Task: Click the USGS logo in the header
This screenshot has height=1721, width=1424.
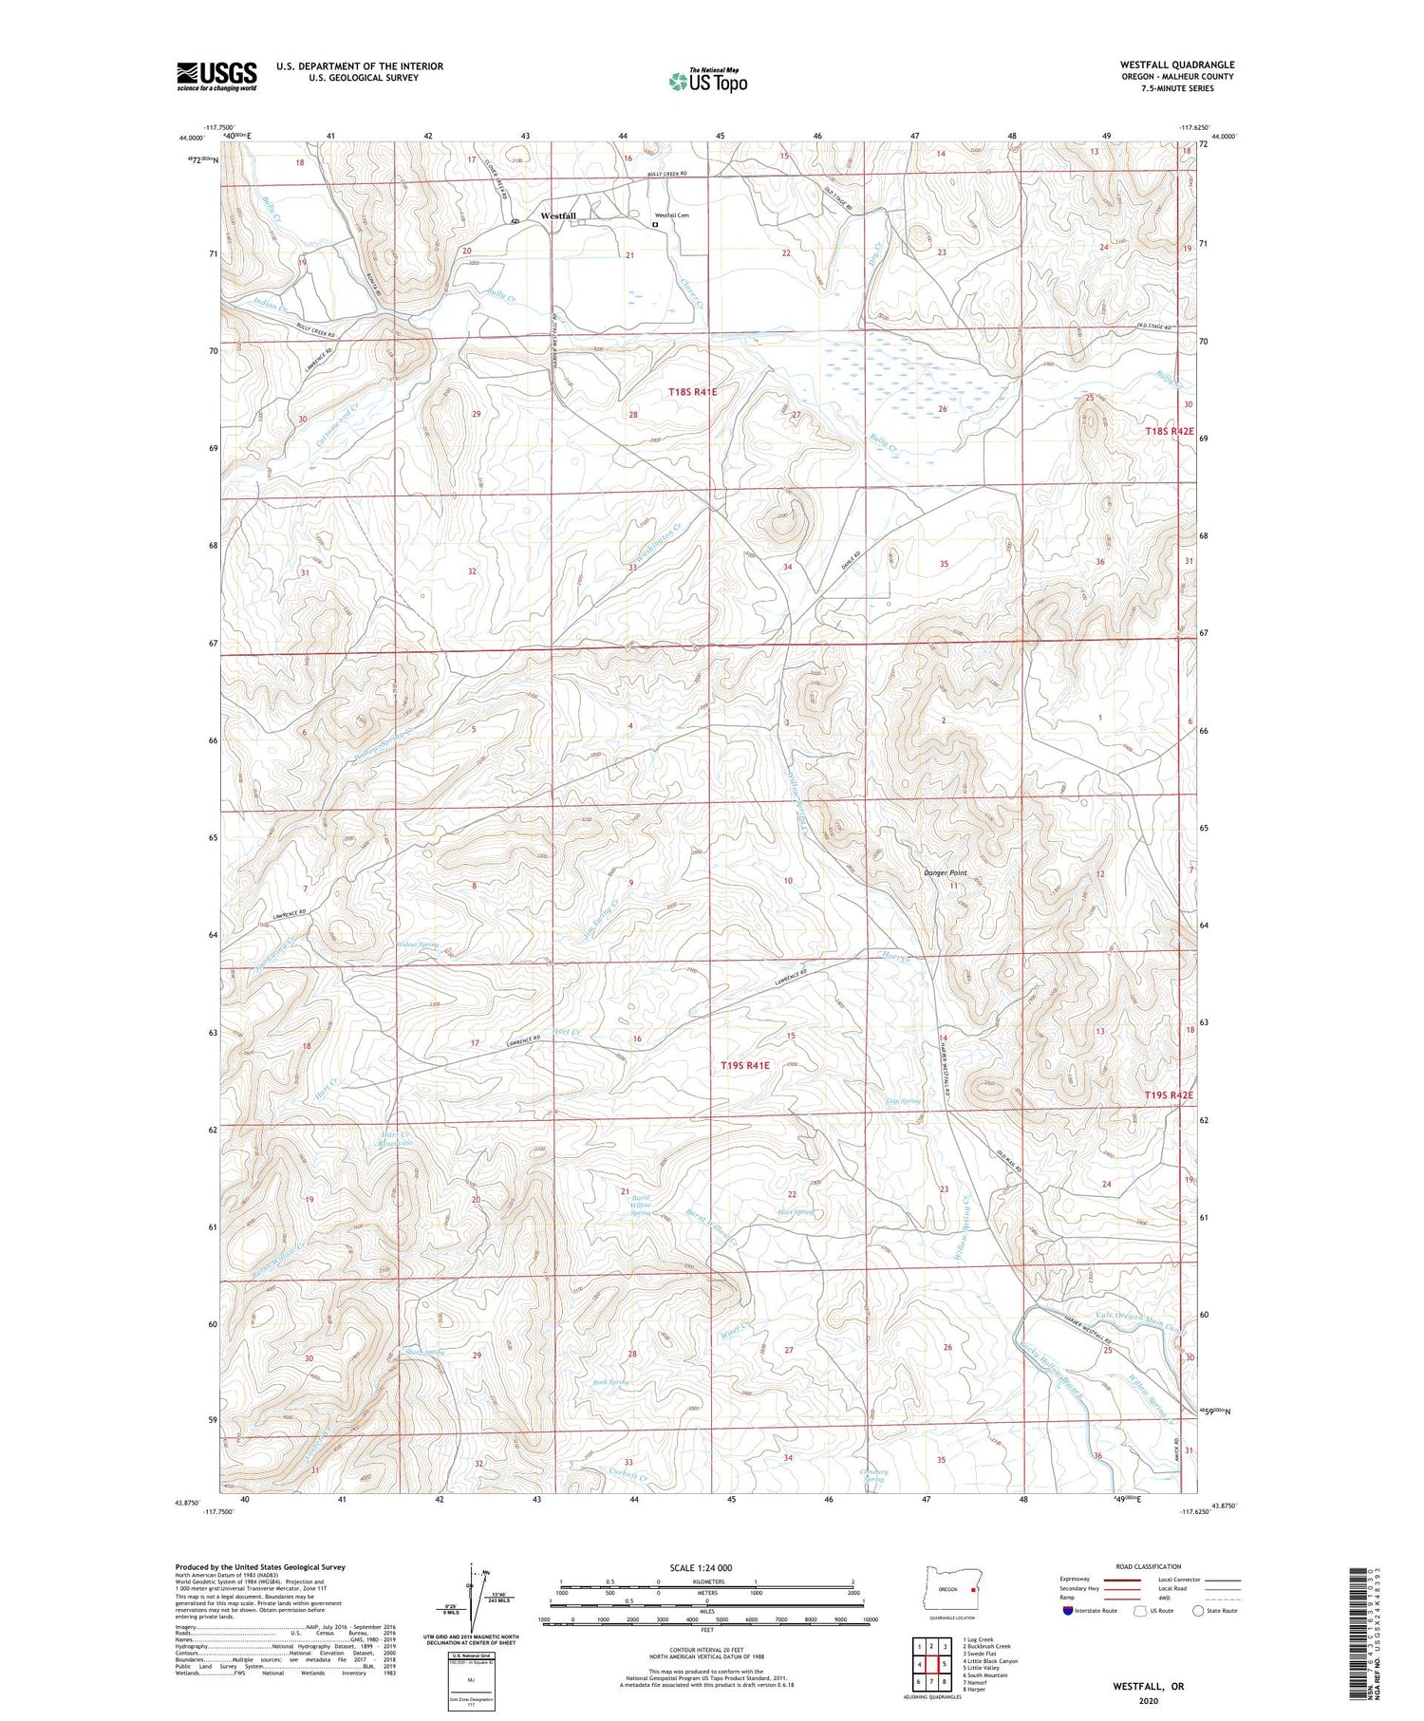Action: [x=216, y=75]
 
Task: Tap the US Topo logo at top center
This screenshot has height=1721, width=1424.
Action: [x=708, y=81]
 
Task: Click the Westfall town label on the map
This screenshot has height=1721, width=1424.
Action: [x=558, y=216]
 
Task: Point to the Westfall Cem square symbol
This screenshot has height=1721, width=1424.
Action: [x=654, y=225]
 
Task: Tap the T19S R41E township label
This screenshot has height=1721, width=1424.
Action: [x=745, y=1065]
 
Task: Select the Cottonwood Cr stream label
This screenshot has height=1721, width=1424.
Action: [x=326, y=428]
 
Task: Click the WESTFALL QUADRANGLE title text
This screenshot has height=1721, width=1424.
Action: [x=1177, y=65]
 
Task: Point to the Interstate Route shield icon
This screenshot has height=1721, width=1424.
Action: [x=1067, y=1611]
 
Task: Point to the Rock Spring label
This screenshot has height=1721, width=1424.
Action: [x=610, y=1382]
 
